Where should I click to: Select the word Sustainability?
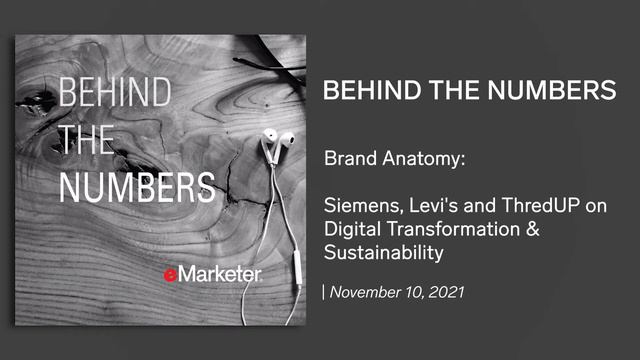[x=382, y=253]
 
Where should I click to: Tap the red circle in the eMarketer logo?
[x=172, y=273]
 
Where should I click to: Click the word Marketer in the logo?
[x=221, y=273]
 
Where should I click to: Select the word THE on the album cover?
[x=86, y=140]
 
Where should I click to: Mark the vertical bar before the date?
[x=324, y=293]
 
